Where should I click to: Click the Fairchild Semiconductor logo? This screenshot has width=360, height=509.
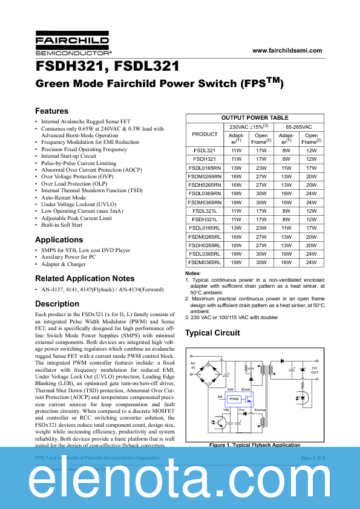(x=72, y=46)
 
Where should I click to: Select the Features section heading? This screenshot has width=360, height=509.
(x=52, y=111)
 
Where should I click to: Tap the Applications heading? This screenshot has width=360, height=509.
(x=59, y=240)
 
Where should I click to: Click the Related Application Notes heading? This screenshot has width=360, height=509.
(x=85, y=279)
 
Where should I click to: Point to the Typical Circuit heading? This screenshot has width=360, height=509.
(x=212, y=333)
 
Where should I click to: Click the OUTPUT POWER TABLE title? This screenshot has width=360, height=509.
(x=255, y=118)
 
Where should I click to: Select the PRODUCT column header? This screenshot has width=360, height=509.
(x=205, y=134)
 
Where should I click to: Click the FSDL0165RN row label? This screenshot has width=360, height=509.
(x=205, y=168)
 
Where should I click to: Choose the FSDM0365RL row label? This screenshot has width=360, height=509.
(x=205, y=263)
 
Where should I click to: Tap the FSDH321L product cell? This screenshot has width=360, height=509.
(x=205, y=219)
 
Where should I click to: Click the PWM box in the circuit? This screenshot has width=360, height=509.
(x=233, y=399)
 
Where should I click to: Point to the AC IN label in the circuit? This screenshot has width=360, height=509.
(x=194, y=366)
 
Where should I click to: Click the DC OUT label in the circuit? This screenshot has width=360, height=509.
(x=314, y=370)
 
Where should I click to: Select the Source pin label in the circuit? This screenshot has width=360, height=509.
(x=259, y=410)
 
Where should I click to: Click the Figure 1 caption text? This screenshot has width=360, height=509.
(x=255, y=445)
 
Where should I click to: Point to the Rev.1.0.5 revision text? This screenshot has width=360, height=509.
(x=313, y=459)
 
